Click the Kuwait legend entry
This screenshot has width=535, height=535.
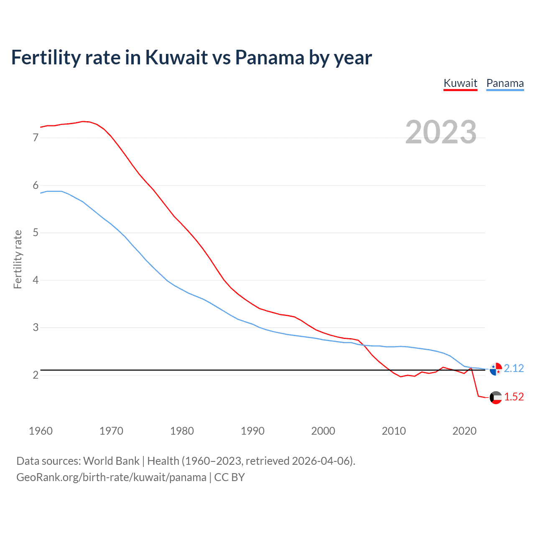tap(460, 83)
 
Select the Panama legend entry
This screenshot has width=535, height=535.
tap(505, 83)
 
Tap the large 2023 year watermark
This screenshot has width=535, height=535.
tap(441, 132)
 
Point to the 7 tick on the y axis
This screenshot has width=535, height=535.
tap(36, 138)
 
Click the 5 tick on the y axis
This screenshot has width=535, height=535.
tap(36, 232)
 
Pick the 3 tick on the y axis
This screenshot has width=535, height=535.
tap(36, 327)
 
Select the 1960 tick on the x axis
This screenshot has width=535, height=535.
tap(41, 431)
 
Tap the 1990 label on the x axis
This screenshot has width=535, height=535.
tap(252, 431)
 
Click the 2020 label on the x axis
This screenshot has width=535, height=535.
tap(464, 431)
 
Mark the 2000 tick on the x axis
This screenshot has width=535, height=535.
tap(323, 431)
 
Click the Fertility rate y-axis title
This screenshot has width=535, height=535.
tap(18, 259)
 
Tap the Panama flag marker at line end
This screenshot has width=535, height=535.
tap(496, 369)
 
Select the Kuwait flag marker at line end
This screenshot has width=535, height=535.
tap(496, 397)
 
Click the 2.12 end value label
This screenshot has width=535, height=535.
tap(514, 368)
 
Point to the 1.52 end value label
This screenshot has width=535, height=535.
tap(514, 397)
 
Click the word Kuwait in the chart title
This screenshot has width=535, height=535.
tap(176, 57)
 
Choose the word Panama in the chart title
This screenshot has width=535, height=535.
tap(270, 57)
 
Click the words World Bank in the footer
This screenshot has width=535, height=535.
tap(111, 461)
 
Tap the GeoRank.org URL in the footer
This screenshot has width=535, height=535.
tap(111, 477)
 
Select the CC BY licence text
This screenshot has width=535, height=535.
tap(229, 477)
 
